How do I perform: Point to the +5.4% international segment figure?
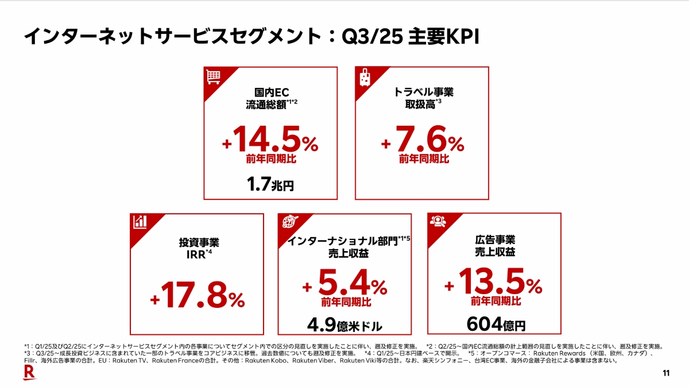tap(346, 284)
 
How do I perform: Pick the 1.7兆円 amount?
tap(270, 185)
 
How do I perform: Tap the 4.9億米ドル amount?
tap(344, 325)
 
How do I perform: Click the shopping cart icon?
tap(214, 76)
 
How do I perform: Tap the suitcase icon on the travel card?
tap(364, 76)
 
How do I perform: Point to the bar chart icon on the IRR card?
tap(140, 222)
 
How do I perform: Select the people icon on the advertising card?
tap(438, 222)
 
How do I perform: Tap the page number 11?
tap(666, 374)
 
